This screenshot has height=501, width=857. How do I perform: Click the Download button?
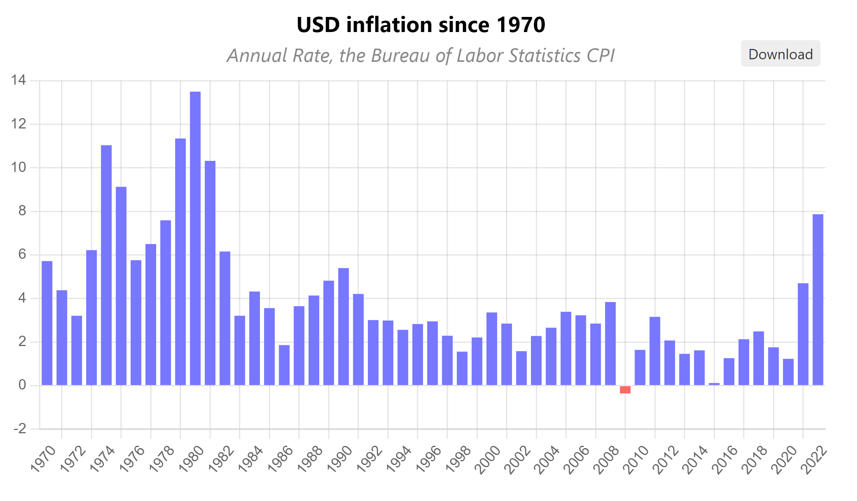click(x=780, y=54)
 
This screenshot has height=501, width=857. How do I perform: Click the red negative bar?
click(x=625, y=389)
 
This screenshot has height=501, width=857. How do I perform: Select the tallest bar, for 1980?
click(x=195, y=238)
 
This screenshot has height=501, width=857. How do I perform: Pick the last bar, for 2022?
click(x=818, y=300)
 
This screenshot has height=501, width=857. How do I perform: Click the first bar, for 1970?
click(x=47, y=323)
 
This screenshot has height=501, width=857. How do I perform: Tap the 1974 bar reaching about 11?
click(x=106, y=265)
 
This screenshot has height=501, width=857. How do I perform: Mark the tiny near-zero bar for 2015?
click(x=714, y=384)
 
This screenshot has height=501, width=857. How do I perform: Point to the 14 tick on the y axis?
click(x=18, y=80)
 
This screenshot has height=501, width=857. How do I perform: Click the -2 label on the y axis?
click(x=20, y=429)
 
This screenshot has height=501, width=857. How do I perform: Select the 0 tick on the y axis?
click(x=22, y=385)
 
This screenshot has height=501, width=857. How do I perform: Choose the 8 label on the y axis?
click(x=22, y=211)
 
